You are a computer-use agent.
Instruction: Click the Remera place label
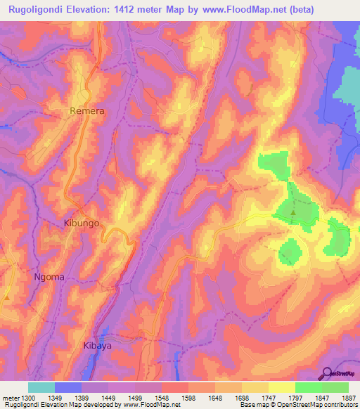pyautogui.click(x=87, y=110)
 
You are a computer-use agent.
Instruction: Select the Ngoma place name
pyautogui.click(x=49, y=276)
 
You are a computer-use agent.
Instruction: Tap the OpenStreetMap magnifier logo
pyautogui.click(x=327, y=372)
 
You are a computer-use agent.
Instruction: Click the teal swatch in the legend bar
pyautogui.click(x=41, y=387)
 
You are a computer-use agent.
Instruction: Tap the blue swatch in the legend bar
pyautogui.click(x=68, y=387)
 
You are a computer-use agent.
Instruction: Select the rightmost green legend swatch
pyautogui.click(x=335, y=387)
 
